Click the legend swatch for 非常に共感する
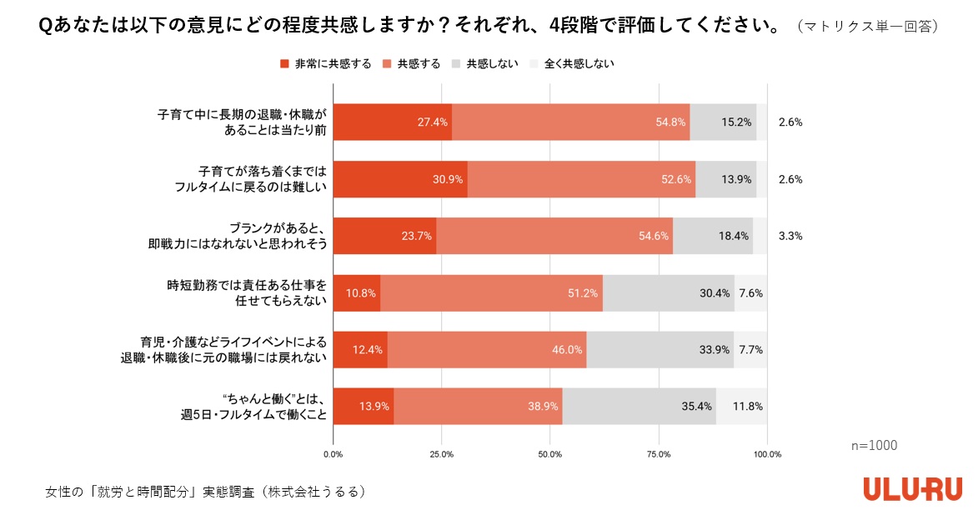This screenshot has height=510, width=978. [283, 63]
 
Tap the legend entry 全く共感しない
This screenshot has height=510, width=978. [579, 63]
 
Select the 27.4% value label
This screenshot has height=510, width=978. [434, 122]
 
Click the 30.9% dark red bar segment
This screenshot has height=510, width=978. [400, 179]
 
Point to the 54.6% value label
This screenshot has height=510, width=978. [654, 236]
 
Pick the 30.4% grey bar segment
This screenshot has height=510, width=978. [669, 292]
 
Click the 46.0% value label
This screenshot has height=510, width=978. [567, 349]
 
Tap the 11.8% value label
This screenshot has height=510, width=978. [748, 407]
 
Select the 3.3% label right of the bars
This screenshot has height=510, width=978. [790, 236]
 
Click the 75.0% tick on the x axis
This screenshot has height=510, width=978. [659, 454]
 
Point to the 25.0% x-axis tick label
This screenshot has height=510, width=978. [442, 454]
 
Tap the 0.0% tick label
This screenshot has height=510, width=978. [333, 454]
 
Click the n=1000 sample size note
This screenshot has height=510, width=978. [874, 446]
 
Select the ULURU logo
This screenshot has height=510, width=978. [912, 488]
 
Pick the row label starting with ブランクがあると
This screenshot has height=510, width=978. [237, 236]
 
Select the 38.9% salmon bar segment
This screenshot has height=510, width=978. [478, 407]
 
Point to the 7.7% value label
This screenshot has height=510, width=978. [750, 349]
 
